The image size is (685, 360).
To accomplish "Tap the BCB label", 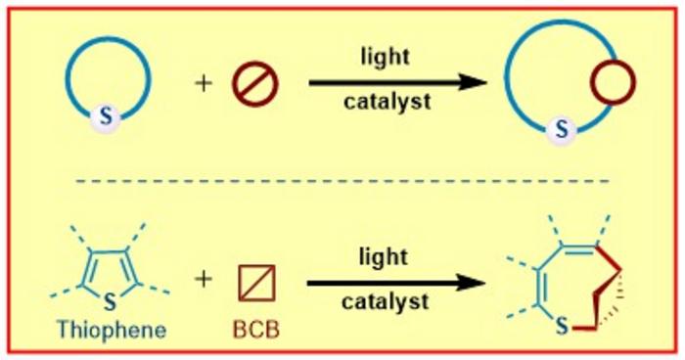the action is click(256, 328).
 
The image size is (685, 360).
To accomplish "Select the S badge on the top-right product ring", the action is click(562, 126).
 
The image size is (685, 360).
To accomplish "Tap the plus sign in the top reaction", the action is click(204, 83).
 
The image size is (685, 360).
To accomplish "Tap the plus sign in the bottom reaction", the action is click(204, 281).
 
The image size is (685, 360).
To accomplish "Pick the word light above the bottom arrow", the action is click(385, 256).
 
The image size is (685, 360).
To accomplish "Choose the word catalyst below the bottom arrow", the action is click(385, 302).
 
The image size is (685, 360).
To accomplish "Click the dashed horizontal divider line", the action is click(342, 181).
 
